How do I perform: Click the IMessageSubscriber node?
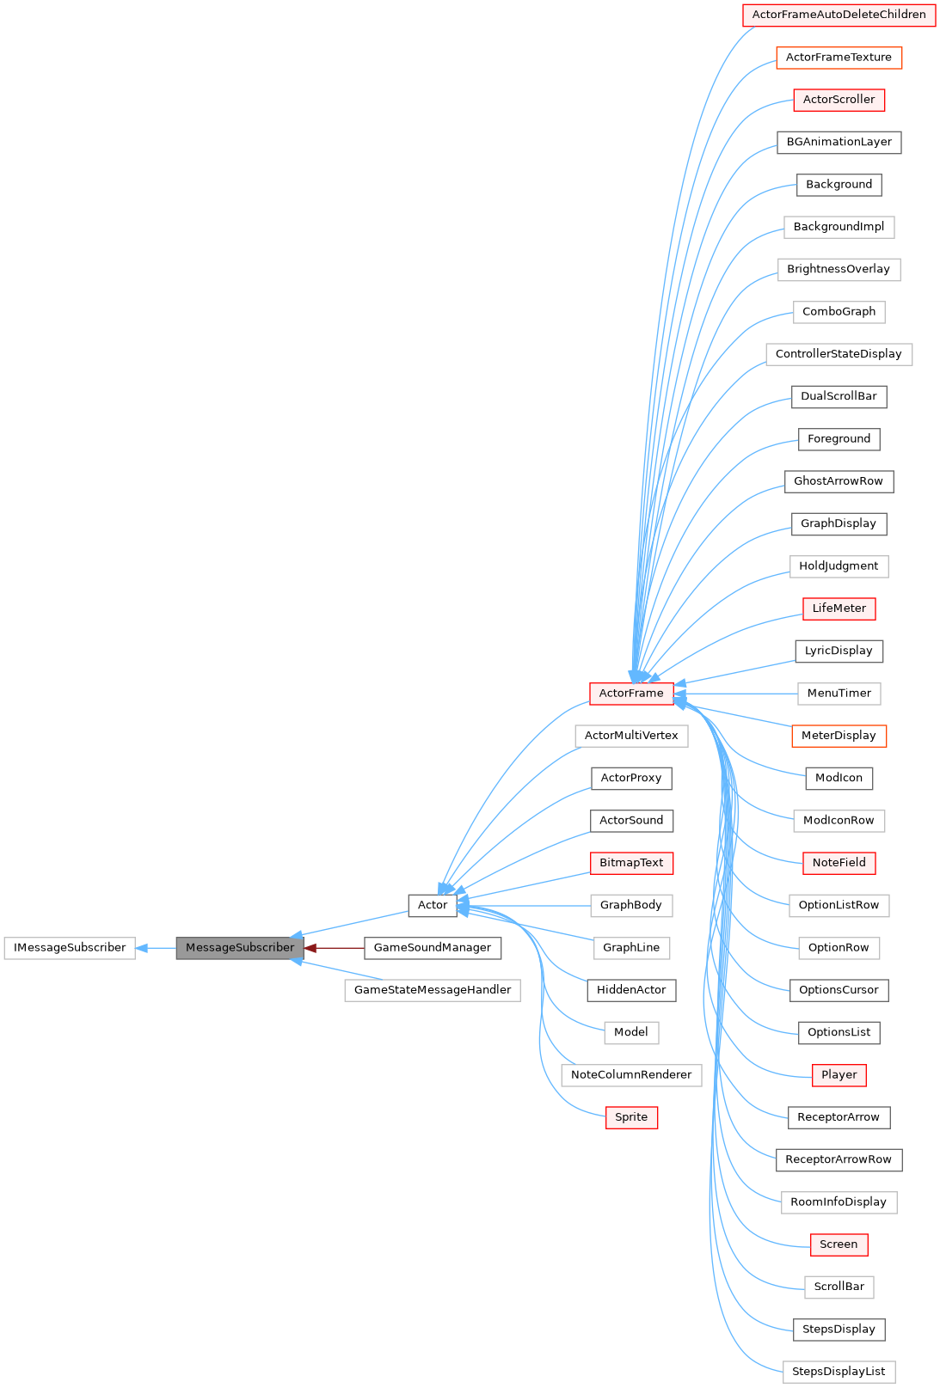(70, 948)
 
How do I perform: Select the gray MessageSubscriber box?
(240, 948)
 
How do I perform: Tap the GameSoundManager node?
(432, 948)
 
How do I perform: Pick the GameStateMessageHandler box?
(432, 990)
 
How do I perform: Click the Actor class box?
(432, 905)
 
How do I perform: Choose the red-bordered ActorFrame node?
(631, 694)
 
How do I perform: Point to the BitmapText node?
(631, 863)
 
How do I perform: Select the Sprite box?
(631, 1117)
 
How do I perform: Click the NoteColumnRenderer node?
(631, 1075)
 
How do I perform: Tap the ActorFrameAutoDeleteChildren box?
(839, 15)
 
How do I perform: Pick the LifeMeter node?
(839, 608)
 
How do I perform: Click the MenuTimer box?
(839, 694)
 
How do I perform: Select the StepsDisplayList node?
(839, 1372)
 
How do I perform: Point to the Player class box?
(839, 1075)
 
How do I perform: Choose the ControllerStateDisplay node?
(839, 354)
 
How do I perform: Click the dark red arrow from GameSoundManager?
(335, 948)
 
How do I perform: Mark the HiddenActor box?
(631, 990)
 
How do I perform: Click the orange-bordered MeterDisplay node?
(839, 736)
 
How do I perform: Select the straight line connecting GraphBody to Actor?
(525, 906)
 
